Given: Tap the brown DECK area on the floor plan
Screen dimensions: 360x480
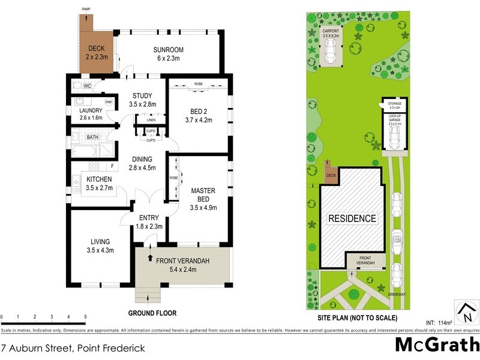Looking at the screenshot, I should [95, 53].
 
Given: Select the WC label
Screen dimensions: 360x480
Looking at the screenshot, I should [87, 86].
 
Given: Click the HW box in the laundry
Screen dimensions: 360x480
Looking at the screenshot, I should [109, 103].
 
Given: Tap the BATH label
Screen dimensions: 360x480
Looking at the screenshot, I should [92, 137].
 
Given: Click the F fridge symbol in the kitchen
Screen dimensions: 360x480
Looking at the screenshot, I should [111, 166].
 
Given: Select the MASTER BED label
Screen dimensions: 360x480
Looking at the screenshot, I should [203, 195].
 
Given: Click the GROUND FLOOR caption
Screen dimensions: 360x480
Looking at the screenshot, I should [152, 313].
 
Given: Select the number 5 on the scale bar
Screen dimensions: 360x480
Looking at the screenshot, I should [85, 317].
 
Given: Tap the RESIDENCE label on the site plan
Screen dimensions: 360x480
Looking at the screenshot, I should [352, 219].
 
